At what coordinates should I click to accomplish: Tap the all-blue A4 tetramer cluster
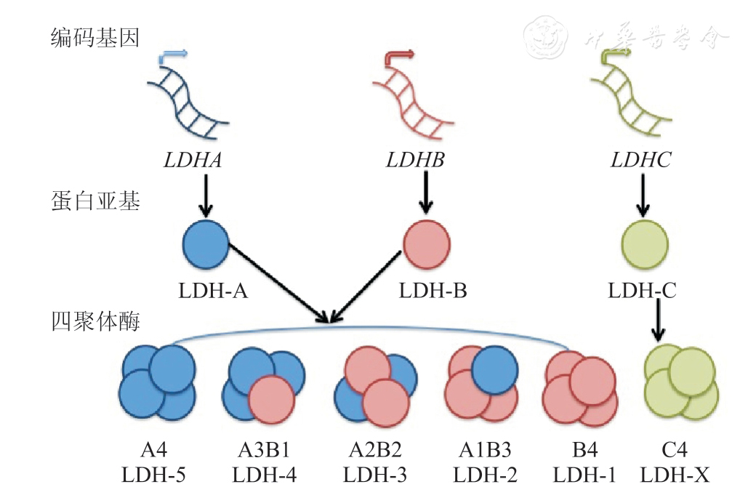157,383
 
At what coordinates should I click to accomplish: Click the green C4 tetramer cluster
681,383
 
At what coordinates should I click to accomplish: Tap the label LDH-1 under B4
584,476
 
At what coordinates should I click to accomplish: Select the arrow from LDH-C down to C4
659,320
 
